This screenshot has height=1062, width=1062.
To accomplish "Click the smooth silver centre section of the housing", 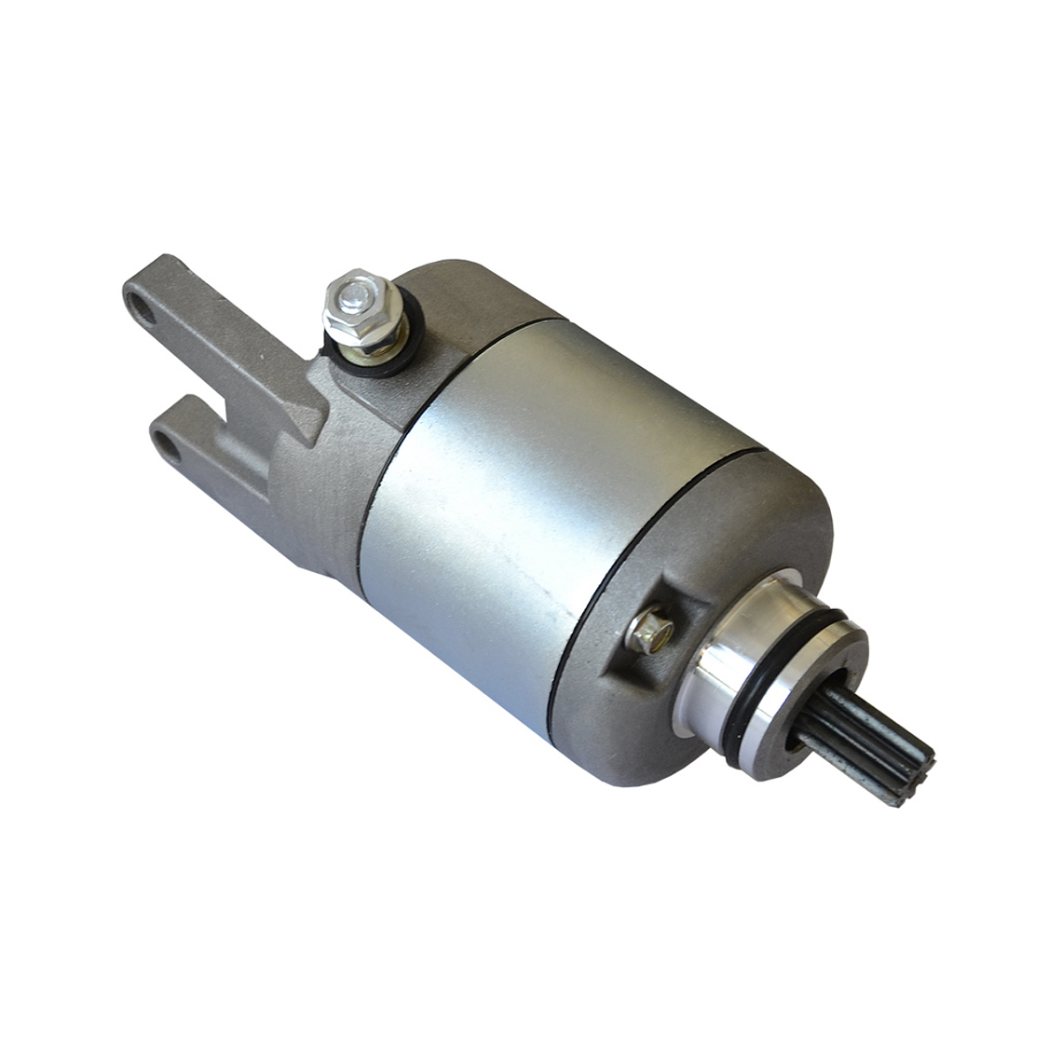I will (522, 484).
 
